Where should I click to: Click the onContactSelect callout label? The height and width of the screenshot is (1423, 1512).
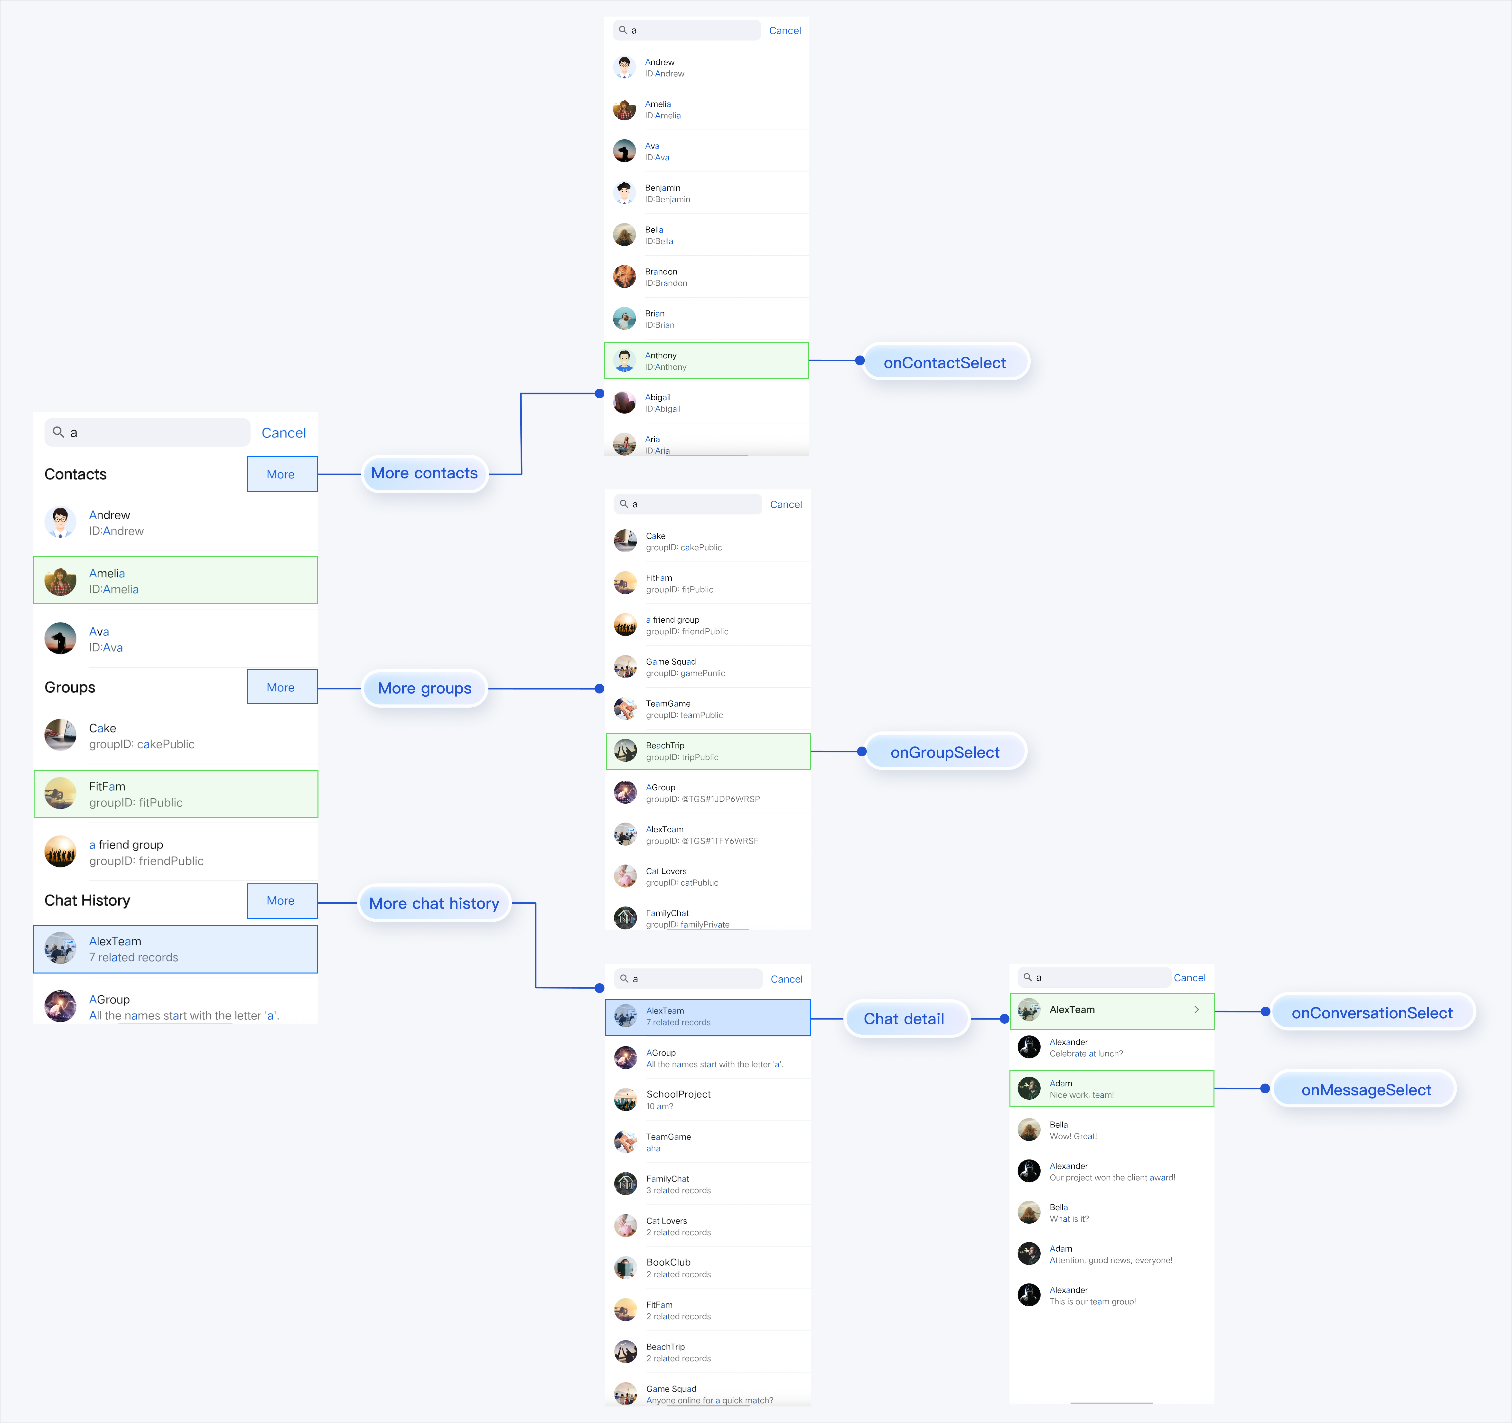(945, 363)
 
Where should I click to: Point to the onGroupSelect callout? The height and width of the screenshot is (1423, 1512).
(945, 752)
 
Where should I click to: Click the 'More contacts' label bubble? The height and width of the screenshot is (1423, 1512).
(424, 473)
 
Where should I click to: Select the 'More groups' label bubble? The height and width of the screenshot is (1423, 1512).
(424, 688)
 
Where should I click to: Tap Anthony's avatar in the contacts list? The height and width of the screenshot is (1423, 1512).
(625, 361)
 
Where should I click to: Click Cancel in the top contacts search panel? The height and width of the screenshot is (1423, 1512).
(785, 30)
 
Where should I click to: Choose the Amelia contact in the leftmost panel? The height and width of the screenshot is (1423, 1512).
(175, 580)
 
